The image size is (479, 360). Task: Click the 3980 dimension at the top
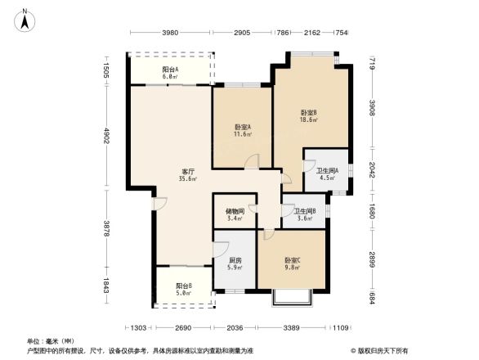(169, 33)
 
